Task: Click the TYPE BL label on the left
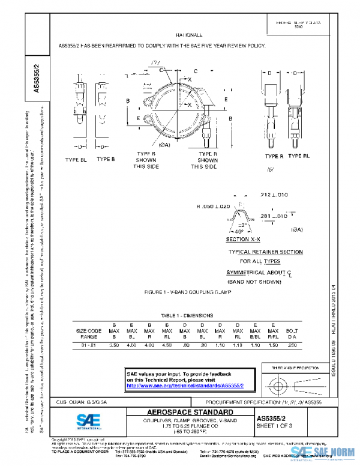(x=76, y=159)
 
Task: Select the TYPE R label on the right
(x=274, y=156)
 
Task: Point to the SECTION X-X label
(x=242, y=240)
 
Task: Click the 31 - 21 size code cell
(x=88, y=346)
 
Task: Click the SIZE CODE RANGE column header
(x=88, y=333)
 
